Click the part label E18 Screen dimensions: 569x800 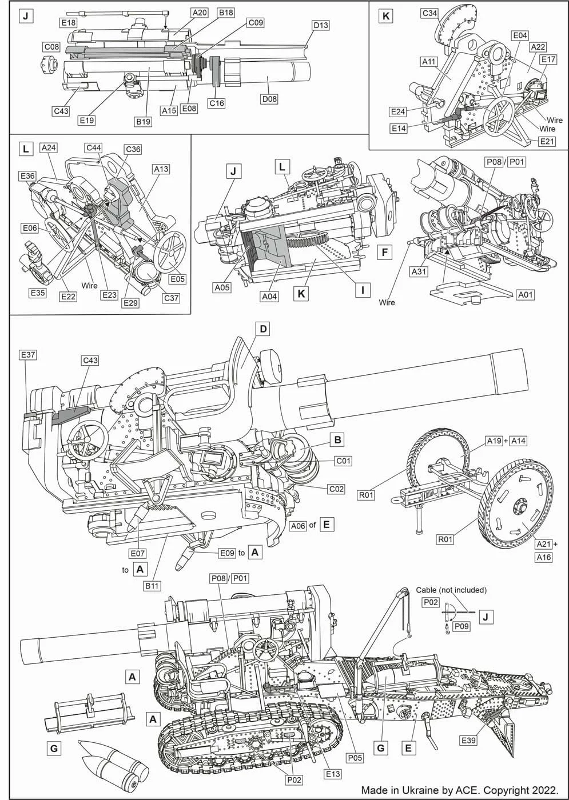[69, 22]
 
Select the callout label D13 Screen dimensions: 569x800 [321, 25]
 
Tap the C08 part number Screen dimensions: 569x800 [52, 47]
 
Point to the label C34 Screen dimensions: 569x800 [429, 13]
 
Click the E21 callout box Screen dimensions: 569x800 [547, 141]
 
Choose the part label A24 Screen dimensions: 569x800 [49, 147]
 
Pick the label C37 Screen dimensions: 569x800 [171, 298]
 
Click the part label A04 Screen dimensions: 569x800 [269, 297]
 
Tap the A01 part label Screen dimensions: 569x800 [526, 295]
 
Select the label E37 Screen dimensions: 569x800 [28, 355]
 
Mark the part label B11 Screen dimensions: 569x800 [152, 586]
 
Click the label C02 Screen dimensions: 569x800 [336, 489]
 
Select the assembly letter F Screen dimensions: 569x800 [384, 253]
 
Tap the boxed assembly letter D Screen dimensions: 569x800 [264, 329]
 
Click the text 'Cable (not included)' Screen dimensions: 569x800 [451, 590]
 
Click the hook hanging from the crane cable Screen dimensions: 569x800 [408, 635]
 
